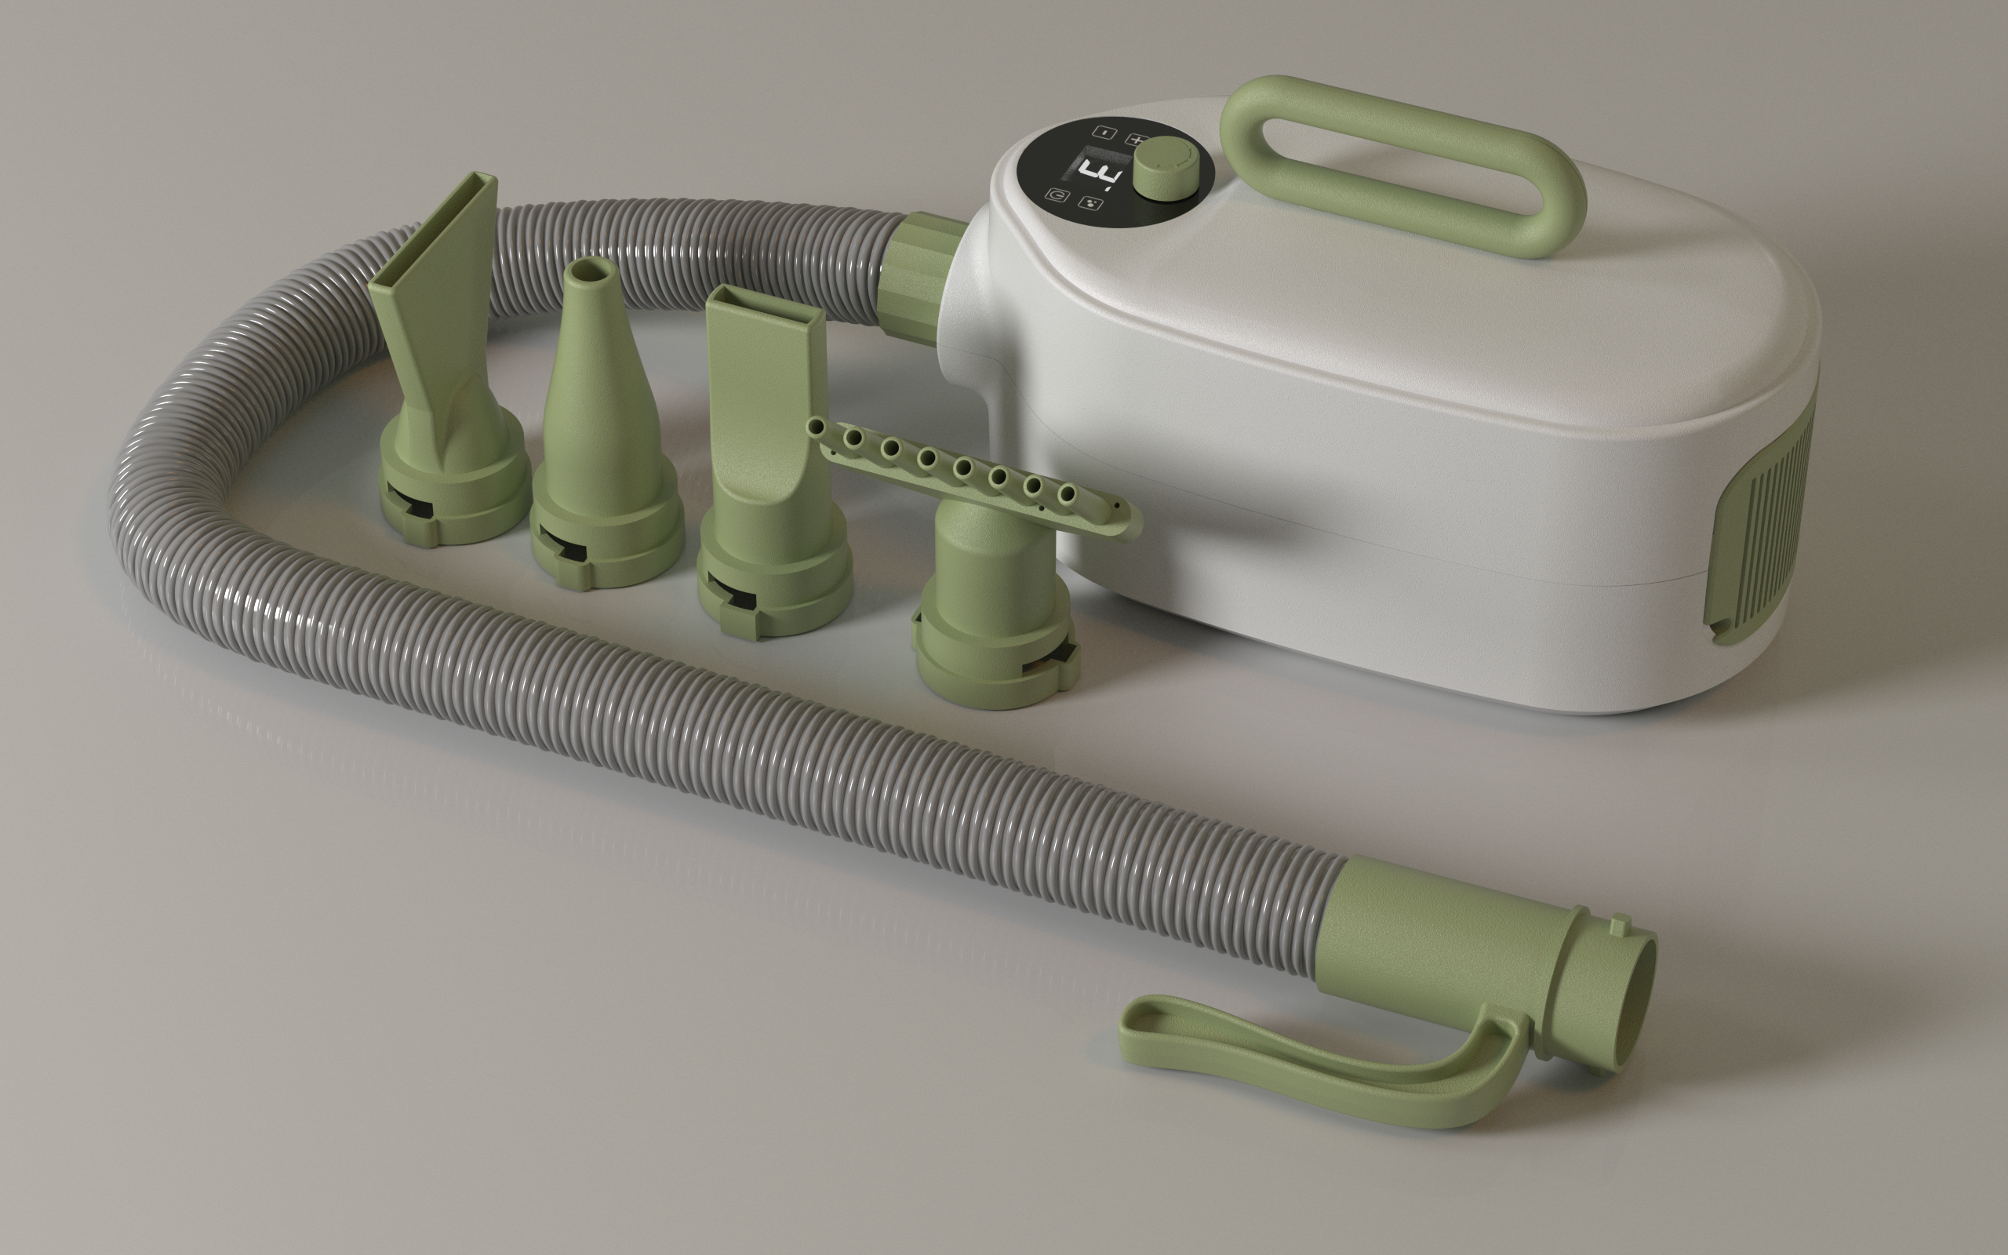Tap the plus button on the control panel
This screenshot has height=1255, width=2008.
(1137, 142)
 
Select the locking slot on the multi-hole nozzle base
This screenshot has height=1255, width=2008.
(1042, 664)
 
